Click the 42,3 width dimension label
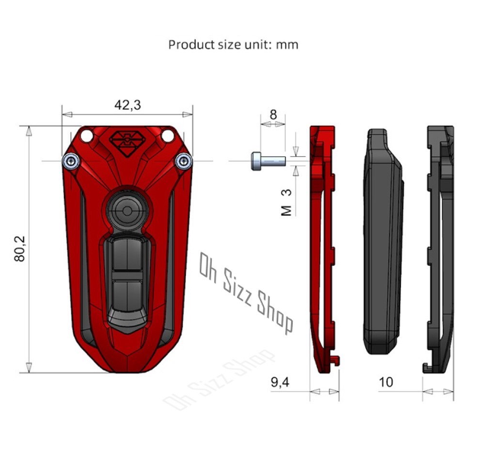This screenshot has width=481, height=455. coord(127,105)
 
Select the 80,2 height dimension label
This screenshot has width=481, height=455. coord(20,249)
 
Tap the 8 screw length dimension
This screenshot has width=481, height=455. coord(273,115)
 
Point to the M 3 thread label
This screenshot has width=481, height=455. coord(286,203)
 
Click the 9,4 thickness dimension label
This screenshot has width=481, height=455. coord(280,382)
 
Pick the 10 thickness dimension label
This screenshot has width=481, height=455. coord(386,382)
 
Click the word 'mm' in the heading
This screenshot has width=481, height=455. coord(287,45)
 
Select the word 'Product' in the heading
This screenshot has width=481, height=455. coord(191,45)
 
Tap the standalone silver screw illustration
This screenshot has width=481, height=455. coord(268,161)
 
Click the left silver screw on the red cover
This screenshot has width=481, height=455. coord(71,161)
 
